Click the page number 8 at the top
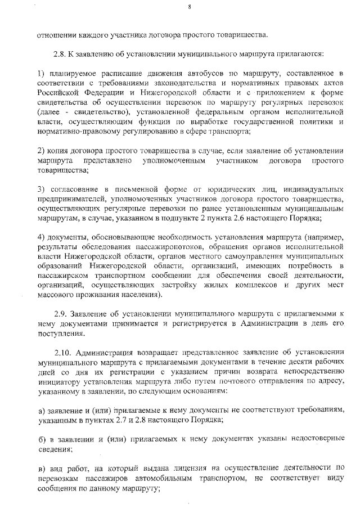pyautogui.click(x=190, y=7)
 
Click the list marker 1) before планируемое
pyautogui.click(x=40, y=73)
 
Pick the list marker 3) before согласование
pyautogui.click(x=40, y=188)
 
